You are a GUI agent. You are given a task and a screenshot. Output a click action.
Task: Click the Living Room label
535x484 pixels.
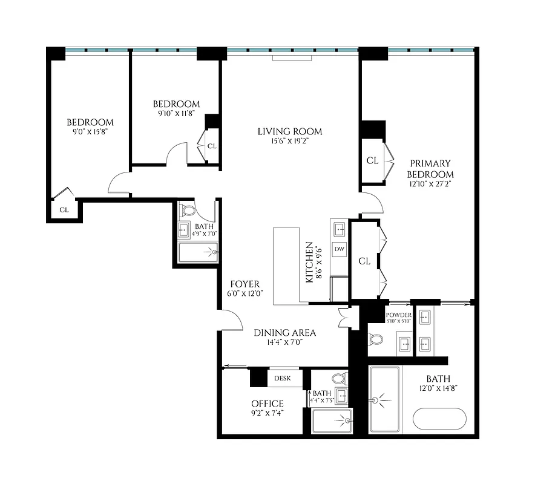coord(289,131)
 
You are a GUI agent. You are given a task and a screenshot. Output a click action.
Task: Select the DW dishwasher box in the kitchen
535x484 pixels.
coord(340,249)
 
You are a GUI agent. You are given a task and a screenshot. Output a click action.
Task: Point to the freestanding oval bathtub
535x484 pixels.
coord(439,419)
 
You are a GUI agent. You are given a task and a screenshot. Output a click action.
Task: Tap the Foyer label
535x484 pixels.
coord(245,284)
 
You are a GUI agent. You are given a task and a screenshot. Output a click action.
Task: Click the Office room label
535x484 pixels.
coord(267,404)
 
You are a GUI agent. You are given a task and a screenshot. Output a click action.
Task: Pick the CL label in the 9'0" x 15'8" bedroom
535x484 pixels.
coord(64,209)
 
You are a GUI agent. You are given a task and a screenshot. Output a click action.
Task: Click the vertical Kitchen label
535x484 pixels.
coord(309,263)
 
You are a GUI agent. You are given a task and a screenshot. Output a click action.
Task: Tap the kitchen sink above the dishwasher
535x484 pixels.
coord(340,229)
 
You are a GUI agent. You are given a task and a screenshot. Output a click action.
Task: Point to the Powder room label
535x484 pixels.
coord(398,315)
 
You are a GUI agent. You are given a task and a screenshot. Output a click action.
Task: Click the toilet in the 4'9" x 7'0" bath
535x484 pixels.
coord(188,211)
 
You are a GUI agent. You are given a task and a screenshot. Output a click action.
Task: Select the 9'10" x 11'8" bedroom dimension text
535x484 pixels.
coord(176,113)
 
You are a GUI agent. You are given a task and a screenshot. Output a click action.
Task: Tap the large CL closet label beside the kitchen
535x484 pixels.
coord(364,261)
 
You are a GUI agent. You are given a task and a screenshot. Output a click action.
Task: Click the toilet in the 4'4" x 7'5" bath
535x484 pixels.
coord(340,379)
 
